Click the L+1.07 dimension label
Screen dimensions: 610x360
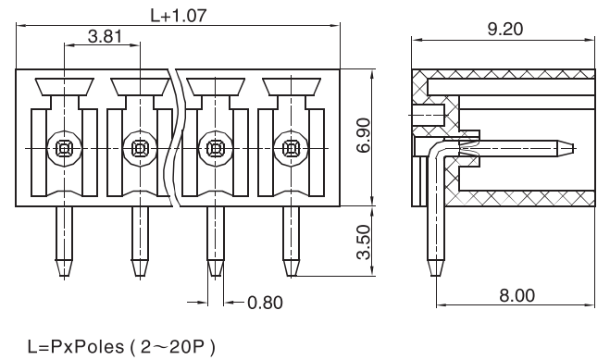[179, 15]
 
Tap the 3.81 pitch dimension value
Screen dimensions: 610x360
[105, 36]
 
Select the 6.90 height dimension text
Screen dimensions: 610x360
[364, 136]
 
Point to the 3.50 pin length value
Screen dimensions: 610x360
[364, 242]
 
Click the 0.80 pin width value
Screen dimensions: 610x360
[265, 303]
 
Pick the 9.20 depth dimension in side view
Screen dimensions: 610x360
[505, 30]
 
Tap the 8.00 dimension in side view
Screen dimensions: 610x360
[517, 296]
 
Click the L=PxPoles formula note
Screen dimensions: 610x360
[121, 346]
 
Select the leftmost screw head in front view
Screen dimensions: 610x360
[64, 148]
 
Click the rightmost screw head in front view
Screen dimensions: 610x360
[291, 148]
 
